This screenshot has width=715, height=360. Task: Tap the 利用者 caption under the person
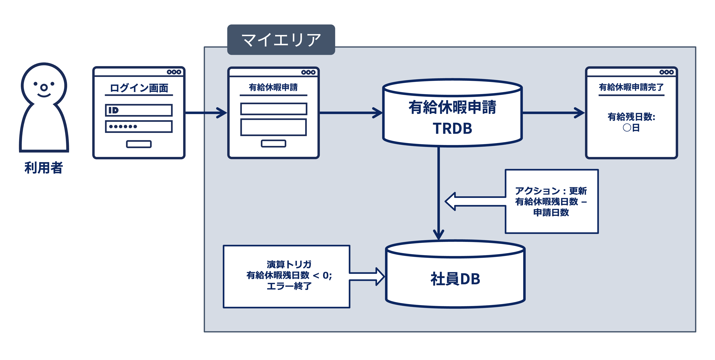click(x=44, y=168)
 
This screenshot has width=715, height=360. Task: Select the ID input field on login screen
click(x=139, y=110)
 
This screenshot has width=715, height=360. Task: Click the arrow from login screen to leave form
click(x=206, y=113)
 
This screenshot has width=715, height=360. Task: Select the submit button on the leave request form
click(x=273, y=144)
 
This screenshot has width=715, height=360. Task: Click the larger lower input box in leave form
click(x=273, y=127)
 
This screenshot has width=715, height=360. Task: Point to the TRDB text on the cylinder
click(x=453, y=128)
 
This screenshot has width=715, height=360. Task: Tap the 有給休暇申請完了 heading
click(x=631, y=87)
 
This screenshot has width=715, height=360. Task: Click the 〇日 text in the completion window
click(x=631, y=128)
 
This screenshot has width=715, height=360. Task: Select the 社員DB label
click(x=455, y=279)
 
